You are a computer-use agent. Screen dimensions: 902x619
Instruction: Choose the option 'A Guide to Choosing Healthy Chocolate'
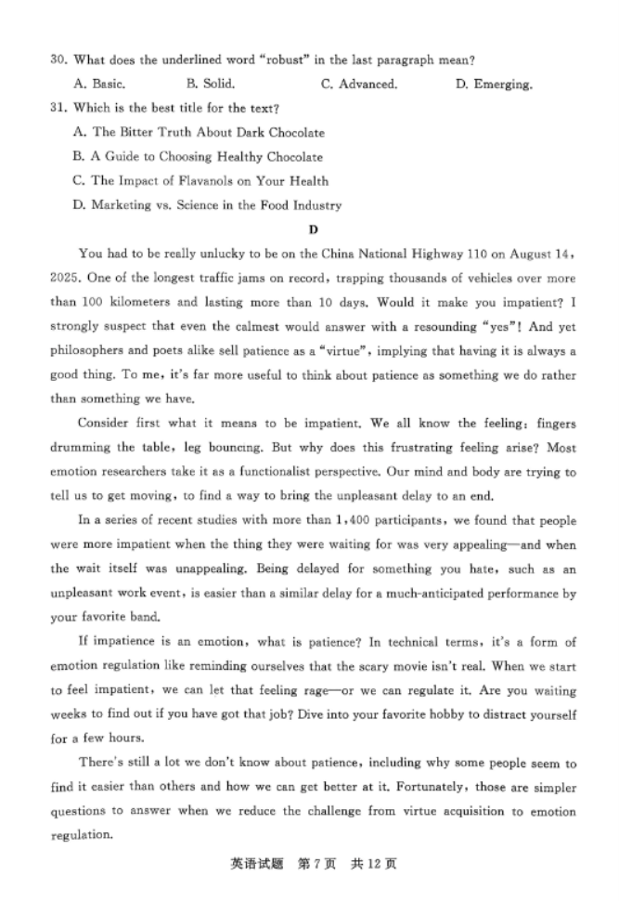tap(198, 157)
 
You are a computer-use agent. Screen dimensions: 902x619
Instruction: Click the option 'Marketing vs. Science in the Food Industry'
tap(207, 205)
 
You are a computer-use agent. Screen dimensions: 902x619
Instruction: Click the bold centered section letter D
tap(313, 229)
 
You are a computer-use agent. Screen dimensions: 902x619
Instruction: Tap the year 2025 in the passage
tap(66, 278)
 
